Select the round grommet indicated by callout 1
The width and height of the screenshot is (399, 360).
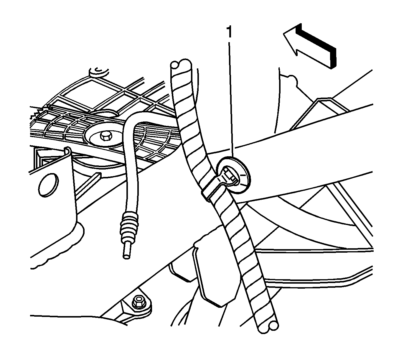[x=233, y=175]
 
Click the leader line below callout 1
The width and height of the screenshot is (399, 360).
[x=231, y=99]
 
